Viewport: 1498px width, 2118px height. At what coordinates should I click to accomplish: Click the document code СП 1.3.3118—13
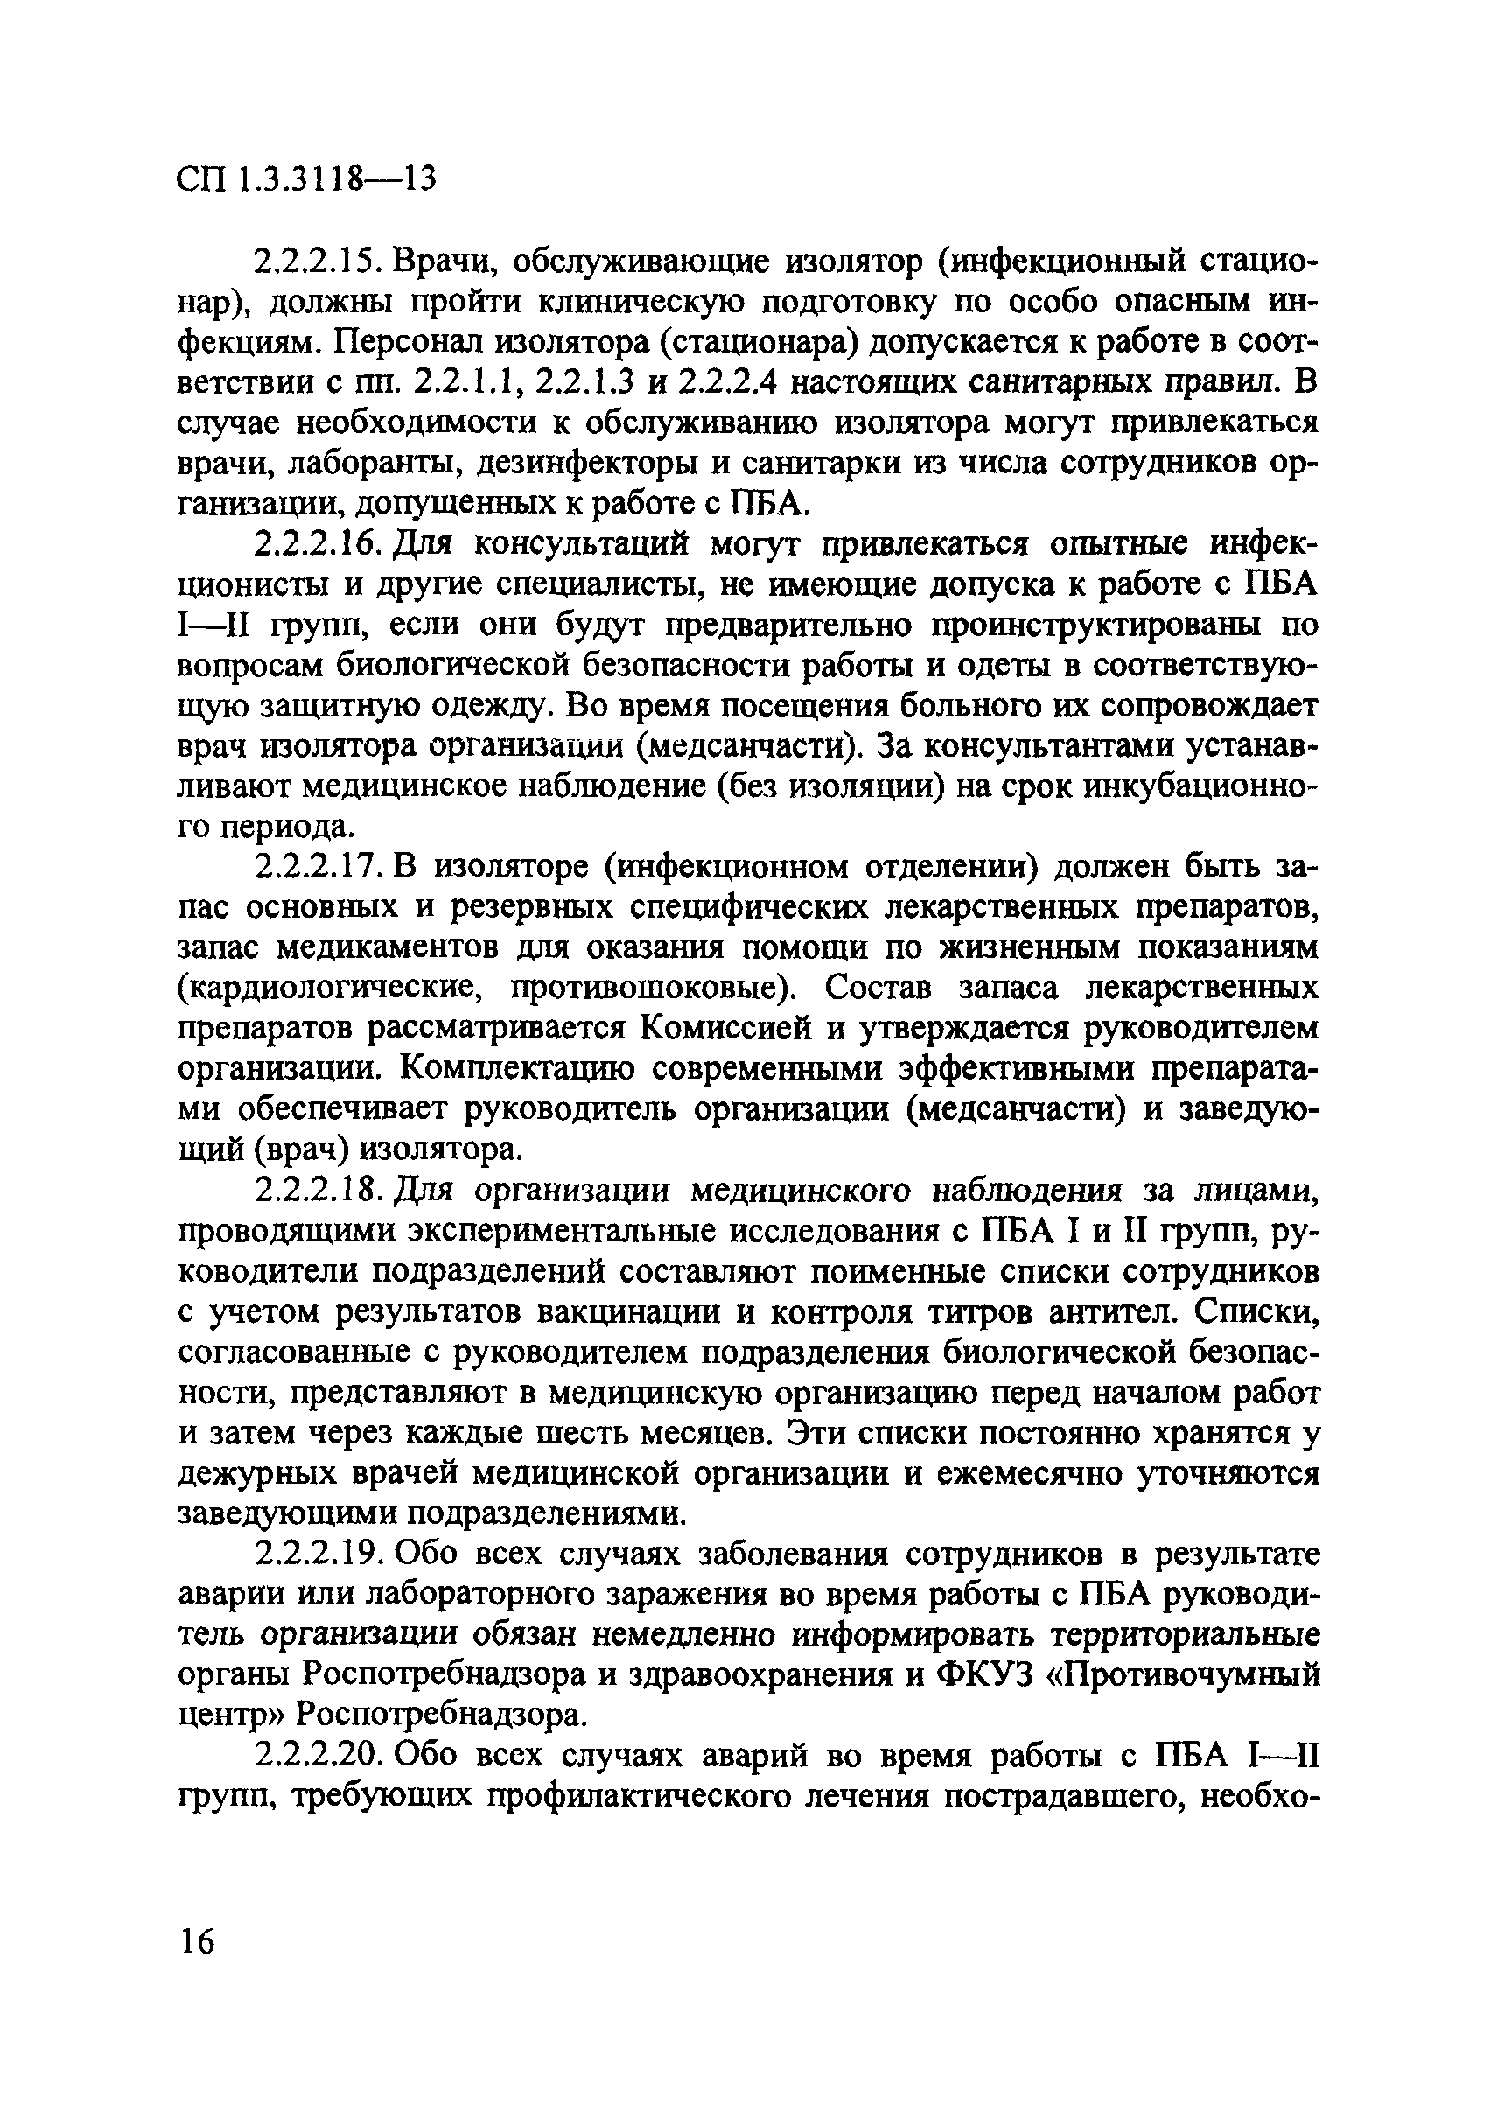click(304, 178)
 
